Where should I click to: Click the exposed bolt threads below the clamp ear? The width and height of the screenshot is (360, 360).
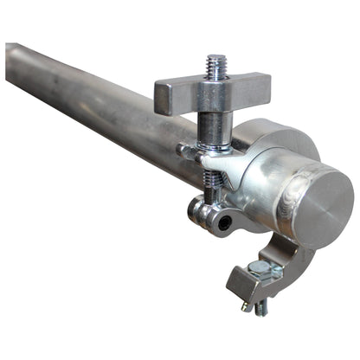[211, 181]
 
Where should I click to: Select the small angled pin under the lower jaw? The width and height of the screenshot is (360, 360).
[247, 305]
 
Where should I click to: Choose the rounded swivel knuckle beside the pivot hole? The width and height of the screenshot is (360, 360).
[202, 213]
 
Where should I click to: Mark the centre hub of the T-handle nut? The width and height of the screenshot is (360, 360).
[213, 92]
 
